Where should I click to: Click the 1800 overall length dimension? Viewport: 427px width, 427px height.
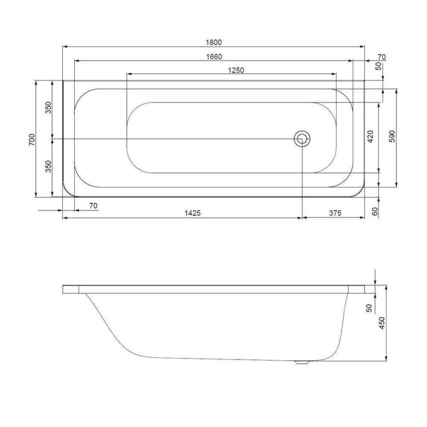coord(213,42)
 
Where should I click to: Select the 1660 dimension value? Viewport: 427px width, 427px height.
coord(214,56)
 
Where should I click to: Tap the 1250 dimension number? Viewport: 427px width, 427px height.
coord(236,70)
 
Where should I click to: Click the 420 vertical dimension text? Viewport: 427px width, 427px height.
coord(370,137)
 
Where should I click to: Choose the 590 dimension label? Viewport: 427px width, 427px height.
coord(391,137)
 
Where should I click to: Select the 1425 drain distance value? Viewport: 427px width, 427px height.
coord(193,213)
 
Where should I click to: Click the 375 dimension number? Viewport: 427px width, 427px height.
coord(335,213)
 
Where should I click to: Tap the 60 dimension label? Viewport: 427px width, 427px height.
coord(375,212)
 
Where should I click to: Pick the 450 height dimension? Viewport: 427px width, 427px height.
coord(381,323)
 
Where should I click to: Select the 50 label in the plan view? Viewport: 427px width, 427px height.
coord(379,67)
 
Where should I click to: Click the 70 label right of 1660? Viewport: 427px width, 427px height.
coord(381,56)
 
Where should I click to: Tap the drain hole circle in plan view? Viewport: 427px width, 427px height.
coord(302,139)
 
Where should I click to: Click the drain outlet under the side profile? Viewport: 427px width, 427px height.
coord(302,362)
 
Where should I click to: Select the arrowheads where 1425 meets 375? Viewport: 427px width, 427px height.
coord(302,218)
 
